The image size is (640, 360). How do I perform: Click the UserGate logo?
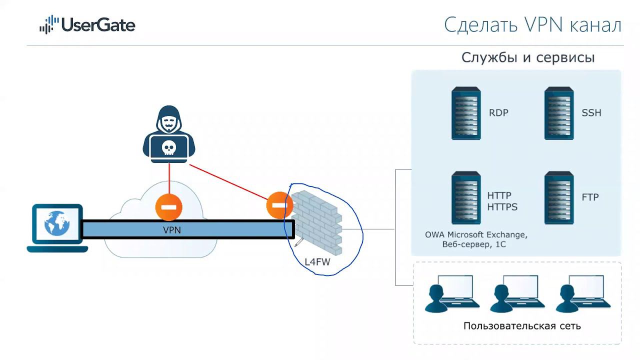87,25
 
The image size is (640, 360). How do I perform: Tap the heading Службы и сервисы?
528,57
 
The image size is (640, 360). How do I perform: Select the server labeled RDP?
466,113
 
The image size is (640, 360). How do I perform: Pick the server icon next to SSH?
559,113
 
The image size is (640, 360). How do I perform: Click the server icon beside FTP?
559,197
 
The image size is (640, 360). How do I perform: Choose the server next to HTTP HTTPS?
466,197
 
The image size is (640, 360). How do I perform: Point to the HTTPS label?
502,207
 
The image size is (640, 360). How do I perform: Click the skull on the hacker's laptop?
168,148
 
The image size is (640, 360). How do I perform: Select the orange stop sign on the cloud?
169,207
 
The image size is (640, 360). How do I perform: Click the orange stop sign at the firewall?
279,205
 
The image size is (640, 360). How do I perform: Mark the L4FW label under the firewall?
317,262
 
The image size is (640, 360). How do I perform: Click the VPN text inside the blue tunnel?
172,230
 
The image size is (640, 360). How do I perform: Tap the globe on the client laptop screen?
57,223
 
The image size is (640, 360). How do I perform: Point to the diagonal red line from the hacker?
228,182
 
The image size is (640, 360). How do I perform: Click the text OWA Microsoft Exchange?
476,235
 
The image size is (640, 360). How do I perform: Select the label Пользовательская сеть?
522,326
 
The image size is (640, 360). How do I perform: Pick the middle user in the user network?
517,293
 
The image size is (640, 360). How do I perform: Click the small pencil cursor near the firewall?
299,242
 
